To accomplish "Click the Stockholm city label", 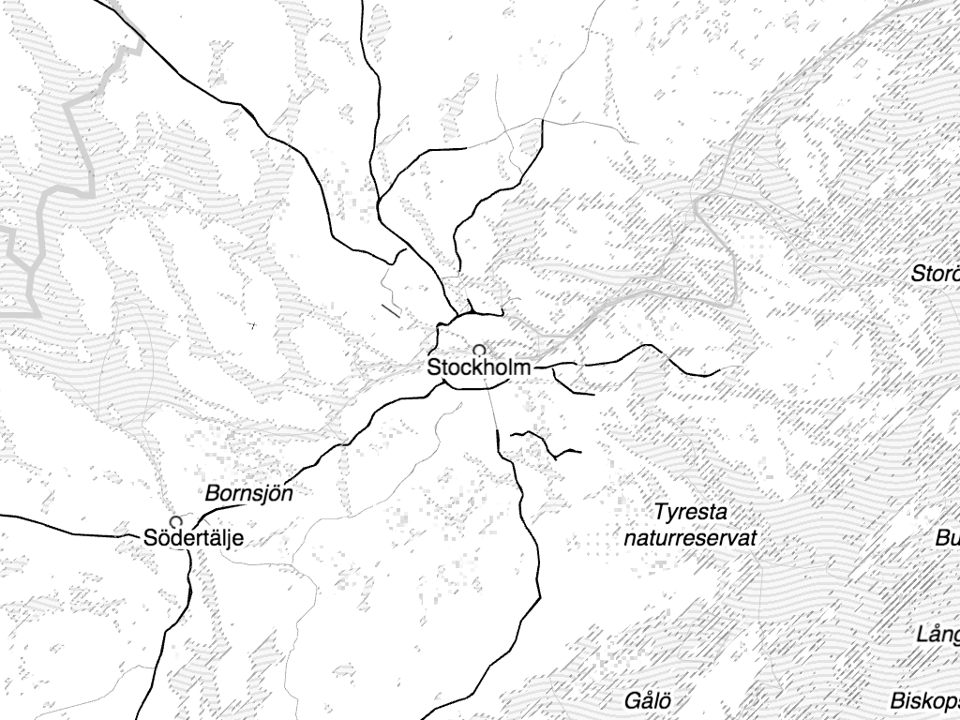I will point(478,367).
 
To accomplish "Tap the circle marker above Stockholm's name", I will point(478,350).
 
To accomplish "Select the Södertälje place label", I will point(194,538).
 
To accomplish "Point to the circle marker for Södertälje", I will point(175,521).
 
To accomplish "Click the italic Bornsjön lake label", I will point(248,493).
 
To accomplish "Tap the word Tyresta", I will point(691,513).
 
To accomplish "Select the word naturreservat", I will point(690,539).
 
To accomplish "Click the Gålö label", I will point(649,701).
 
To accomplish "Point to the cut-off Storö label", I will point(936,275).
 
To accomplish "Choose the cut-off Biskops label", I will point(924,701).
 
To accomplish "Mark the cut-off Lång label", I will point(937,636).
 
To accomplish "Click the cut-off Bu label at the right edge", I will point(947,539).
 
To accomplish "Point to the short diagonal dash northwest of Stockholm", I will point(391,308).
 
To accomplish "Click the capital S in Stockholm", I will point(435,367).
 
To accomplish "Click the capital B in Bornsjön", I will point(212,493).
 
